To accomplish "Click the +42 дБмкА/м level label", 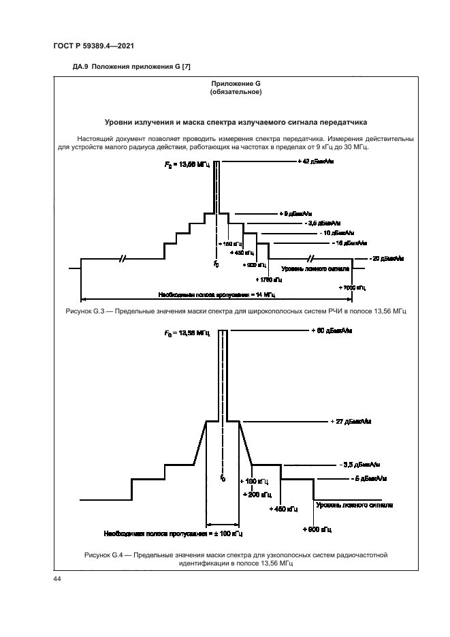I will pos(315,161).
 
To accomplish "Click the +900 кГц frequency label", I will pos(256,265).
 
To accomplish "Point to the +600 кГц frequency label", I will pos(317,529).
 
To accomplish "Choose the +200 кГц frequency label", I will pos(256,494).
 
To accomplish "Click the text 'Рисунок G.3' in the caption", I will pos(101,311).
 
